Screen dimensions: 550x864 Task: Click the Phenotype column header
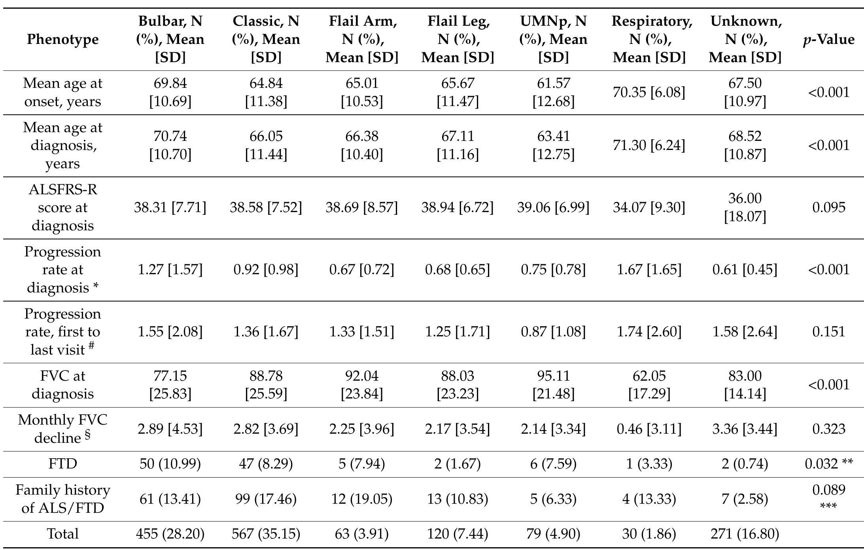[x=62, y=39]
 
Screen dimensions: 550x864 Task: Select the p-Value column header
[x=828, y=39]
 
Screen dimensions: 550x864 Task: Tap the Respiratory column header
[x=649, y=39]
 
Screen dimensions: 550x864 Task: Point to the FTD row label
[x=62, y=463]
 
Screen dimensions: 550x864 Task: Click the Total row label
[x=62, y=534]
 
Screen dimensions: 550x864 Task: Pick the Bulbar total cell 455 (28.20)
[x=170, y=534]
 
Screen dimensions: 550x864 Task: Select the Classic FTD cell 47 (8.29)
[x=266, y=463]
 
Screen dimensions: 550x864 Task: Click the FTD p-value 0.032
[x=828, y=463]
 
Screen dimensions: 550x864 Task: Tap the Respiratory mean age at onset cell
[x=649, y=92]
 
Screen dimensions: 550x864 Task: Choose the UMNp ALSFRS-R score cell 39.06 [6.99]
[x=553, y=207]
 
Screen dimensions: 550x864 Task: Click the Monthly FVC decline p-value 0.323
[x=828, y=429]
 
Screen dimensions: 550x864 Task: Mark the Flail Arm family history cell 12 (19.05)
[x=361, y=499]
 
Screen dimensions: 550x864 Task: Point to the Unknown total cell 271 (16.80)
[x=745, y=534]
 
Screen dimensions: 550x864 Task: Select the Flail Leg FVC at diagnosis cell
[x=458, y=385]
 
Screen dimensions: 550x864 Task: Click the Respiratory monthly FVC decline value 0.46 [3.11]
[x=649, y=429]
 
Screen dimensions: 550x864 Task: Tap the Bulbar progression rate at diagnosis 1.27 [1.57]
[x=170, y=269]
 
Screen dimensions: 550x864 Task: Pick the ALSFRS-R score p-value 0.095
[x=828, y=207]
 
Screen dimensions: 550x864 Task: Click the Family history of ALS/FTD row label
[x=62, y=499]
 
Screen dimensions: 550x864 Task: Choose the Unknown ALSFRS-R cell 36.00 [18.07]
[x=745, y=207]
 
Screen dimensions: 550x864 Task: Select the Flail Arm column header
[x=361, y=39]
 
